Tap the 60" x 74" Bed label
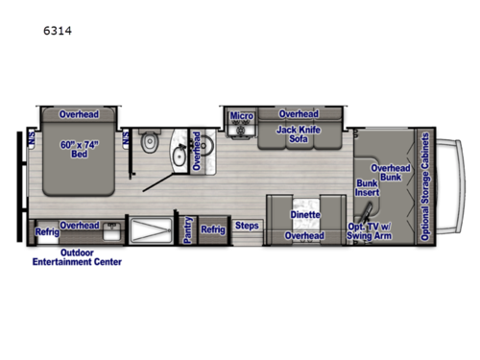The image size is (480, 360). (x=78, y=152)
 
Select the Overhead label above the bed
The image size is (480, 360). (x=78, y=113)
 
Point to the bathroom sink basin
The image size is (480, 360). (x=178, y=153)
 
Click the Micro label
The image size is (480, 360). (x=241, y=116)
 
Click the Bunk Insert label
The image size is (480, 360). (x=368, y=188)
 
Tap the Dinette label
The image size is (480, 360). (x=304, y=215)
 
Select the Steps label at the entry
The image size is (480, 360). (x=248, y=227)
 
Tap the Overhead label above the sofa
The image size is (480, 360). (x=299, y=113)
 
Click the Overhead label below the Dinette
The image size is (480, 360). (x=304, y=235)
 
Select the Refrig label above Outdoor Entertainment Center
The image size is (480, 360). (x=46, y=230)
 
